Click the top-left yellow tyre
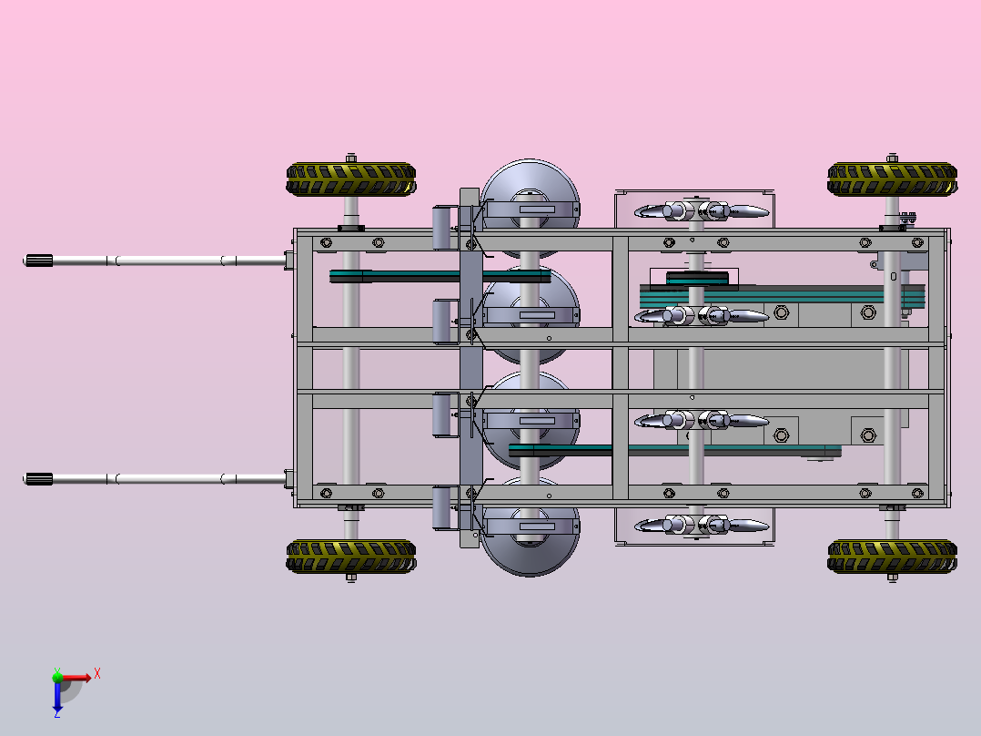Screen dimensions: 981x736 (x=351, y=179)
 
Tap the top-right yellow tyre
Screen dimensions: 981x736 (x=892, y=179)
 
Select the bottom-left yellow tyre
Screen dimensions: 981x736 (x=351, y=557)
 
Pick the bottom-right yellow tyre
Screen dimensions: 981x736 (x=892, y=557)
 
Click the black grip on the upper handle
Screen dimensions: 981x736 (x=38, y=261)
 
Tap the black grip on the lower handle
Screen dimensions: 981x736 (x=38, y=479)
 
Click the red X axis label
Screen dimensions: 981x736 (x=97, y=674)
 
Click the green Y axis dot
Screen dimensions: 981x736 (x=57, y=676)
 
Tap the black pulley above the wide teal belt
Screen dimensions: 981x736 (x=697, y=279)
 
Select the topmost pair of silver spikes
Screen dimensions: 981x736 (x=702, y=211)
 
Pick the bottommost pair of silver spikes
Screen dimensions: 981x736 (x=702, y=525)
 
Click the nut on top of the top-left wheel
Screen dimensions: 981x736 (x=351, y=158)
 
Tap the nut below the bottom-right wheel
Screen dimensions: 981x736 (x=892, y=578)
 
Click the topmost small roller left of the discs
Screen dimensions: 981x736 (x=441, y=228)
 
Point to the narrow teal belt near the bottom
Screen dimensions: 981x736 (x=674, y=450)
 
